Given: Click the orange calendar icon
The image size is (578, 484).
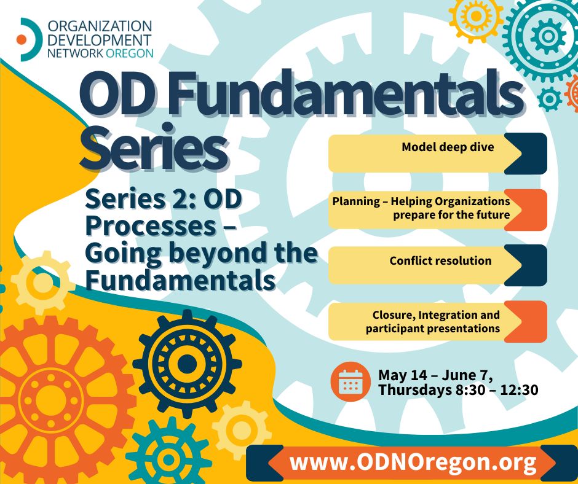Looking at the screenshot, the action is coord(350,381).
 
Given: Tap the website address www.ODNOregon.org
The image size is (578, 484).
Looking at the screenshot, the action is coord(413,461).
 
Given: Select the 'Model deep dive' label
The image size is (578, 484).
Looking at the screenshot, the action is coord(448,147).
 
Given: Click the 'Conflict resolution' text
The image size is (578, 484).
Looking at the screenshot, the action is coord(440,261).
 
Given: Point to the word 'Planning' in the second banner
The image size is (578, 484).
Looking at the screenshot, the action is coord(356,201).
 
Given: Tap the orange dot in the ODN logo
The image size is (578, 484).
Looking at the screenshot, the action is coord(22,40).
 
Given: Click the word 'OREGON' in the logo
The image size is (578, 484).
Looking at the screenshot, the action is coord(129,53).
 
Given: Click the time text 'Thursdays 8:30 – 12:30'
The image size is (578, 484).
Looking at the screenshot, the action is coord(458,389).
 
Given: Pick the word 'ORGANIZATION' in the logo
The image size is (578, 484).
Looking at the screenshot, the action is coord(100,26).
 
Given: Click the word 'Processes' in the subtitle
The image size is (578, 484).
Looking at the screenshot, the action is coord(151,225).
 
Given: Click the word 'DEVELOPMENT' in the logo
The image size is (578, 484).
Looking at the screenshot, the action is coord(99,40).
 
